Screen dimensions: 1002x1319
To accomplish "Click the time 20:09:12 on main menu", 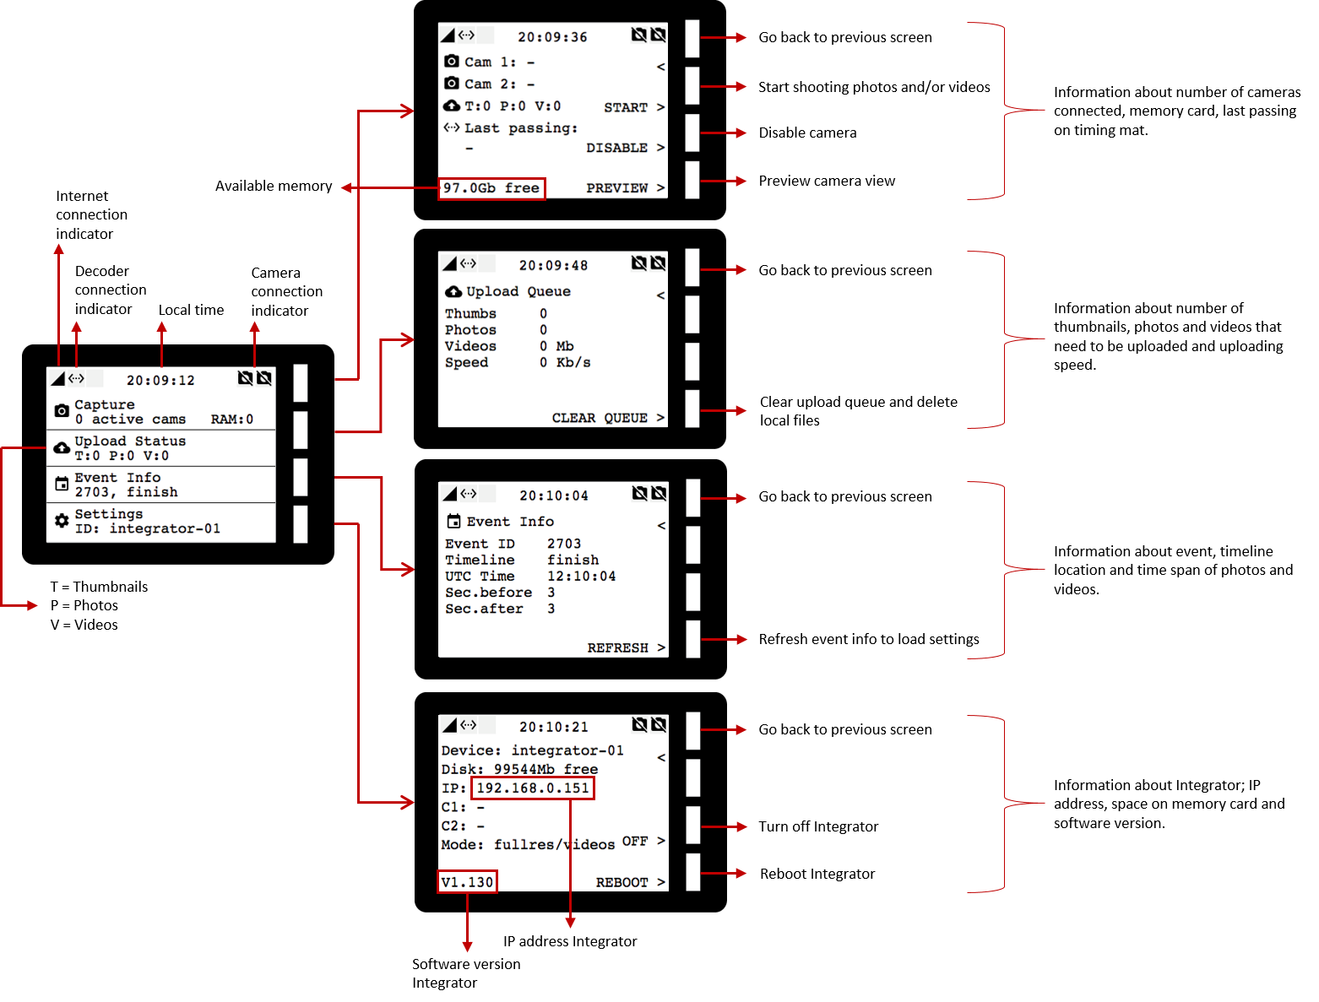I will pyautogui.click(x=160, y=381).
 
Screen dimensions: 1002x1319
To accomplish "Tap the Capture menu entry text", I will pyautogui.click(x=105, y=405).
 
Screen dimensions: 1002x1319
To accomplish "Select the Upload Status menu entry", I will pyautogui.click(x=130, y=441).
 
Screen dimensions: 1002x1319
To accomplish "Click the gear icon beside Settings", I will pyautogui.click(x=62, y=521).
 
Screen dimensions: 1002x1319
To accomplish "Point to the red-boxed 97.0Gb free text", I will pyautogui.click(x=491, y=188).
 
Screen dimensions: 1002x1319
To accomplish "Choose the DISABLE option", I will pyautogui.click(x=617, y=148).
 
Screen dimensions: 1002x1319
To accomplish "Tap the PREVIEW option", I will pyautogui.click(x=617, y=188).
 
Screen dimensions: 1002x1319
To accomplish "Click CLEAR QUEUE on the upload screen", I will pyautogui.click(x=600, y=418).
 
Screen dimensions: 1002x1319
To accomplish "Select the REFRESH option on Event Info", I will pyautogui.click(x=618, y=648).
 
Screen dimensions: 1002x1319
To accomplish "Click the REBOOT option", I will pyautogui.click(x=622, y=882).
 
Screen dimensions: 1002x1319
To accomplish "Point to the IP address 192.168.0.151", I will pyautogui.click(x=533, y=788).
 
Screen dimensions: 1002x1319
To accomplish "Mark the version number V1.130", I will pyautogui.click(x=467, y=882).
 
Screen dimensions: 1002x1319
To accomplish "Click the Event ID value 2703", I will pyautogui.click(x=564, y=544).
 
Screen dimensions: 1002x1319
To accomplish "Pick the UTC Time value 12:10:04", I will pyautogui.click(x=582, y=577).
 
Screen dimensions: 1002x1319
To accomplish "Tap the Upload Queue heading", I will pyautogui.click(x=518, y=291).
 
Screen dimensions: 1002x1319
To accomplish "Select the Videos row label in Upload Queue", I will pyautogui.click(x=470, y=346).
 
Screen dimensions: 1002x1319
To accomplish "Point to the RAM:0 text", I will pyautogui.click(x=232, y=420).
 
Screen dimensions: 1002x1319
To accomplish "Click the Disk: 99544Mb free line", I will pyautogui.click(x=519, y=769).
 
